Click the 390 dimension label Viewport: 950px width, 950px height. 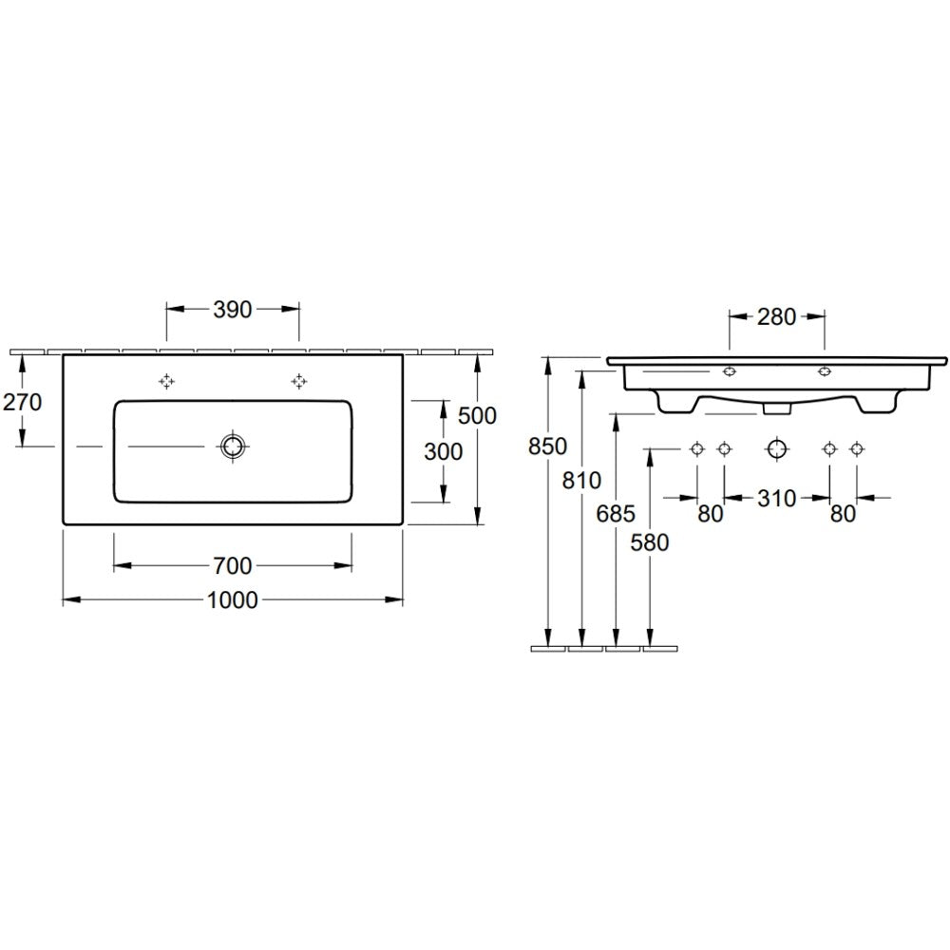coord(233,310)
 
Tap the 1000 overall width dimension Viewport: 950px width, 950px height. coord(233,600)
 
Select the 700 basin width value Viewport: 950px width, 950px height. coord(233,566)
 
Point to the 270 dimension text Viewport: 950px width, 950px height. coord(23,402)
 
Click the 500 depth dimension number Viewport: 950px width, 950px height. coord(477,416)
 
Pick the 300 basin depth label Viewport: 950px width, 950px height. coord(443,451)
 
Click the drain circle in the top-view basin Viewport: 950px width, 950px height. coord(232,447)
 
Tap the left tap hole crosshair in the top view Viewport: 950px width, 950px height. coord(166,381)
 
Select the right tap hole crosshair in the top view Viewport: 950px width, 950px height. coord(298,381)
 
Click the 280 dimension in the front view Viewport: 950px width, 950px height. coord(776,316)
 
